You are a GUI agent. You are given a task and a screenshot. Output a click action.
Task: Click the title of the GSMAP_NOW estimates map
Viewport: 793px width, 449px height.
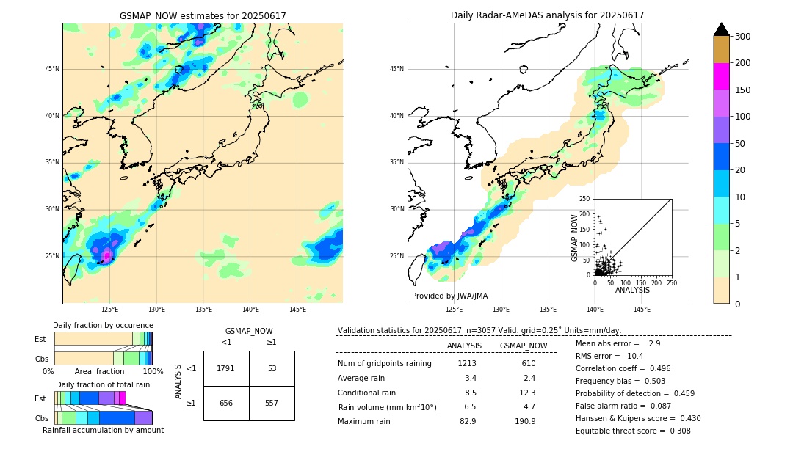pyautogui.click(x=203, y=15)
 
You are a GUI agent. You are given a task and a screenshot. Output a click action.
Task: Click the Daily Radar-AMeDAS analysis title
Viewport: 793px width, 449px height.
pyautogui.click(x=547, y=15)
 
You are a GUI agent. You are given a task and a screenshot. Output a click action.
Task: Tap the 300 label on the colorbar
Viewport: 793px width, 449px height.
pyautogui.click(x=742, y=37)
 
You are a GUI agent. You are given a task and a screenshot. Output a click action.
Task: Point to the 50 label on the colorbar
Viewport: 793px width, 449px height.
pyautogui.click(x=739, y=144)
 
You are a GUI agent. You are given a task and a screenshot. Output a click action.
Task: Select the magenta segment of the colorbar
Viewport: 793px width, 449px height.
pyautogui.click(x=721, y=76)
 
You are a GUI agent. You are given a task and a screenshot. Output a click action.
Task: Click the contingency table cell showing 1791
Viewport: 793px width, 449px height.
pyautogui.click(x=225, y=368)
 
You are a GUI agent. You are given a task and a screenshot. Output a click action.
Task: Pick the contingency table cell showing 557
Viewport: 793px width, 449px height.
pyautogui.click(x=272, y=403)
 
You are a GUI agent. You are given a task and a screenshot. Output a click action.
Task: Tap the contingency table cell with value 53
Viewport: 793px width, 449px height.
pyautogui.click(x=272, y=368)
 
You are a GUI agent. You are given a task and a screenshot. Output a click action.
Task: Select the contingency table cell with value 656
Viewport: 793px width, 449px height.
pyautogui.click(x=225, y=403)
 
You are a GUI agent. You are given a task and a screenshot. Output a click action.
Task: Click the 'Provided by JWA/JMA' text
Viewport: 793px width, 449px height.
pyautogui.click(x=449, y=296)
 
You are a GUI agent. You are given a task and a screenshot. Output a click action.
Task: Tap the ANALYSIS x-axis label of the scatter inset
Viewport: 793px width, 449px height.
pyautogui.click(x=632, y=291)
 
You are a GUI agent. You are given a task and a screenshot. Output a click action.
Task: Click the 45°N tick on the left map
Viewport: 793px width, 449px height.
pyautogui.click(x=52, y=69)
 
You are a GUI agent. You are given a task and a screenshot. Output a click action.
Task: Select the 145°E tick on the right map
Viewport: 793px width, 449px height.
pyautogui.click(x=642, y=310)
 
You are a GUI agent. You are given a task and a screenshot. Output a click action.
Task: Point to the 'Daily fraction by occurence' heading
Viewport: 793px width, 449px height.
pyautogui.click(x=103, y=326)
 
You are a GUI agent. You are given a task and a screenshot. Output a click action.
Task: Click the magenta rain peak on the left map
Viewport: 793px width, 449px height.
pyautogui.click(x=106, y=255)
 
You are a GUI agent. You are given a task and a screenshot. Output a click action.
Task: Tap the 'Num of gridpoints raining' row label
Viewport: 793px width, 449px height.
pyautogui.click(x=384, y=364)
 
